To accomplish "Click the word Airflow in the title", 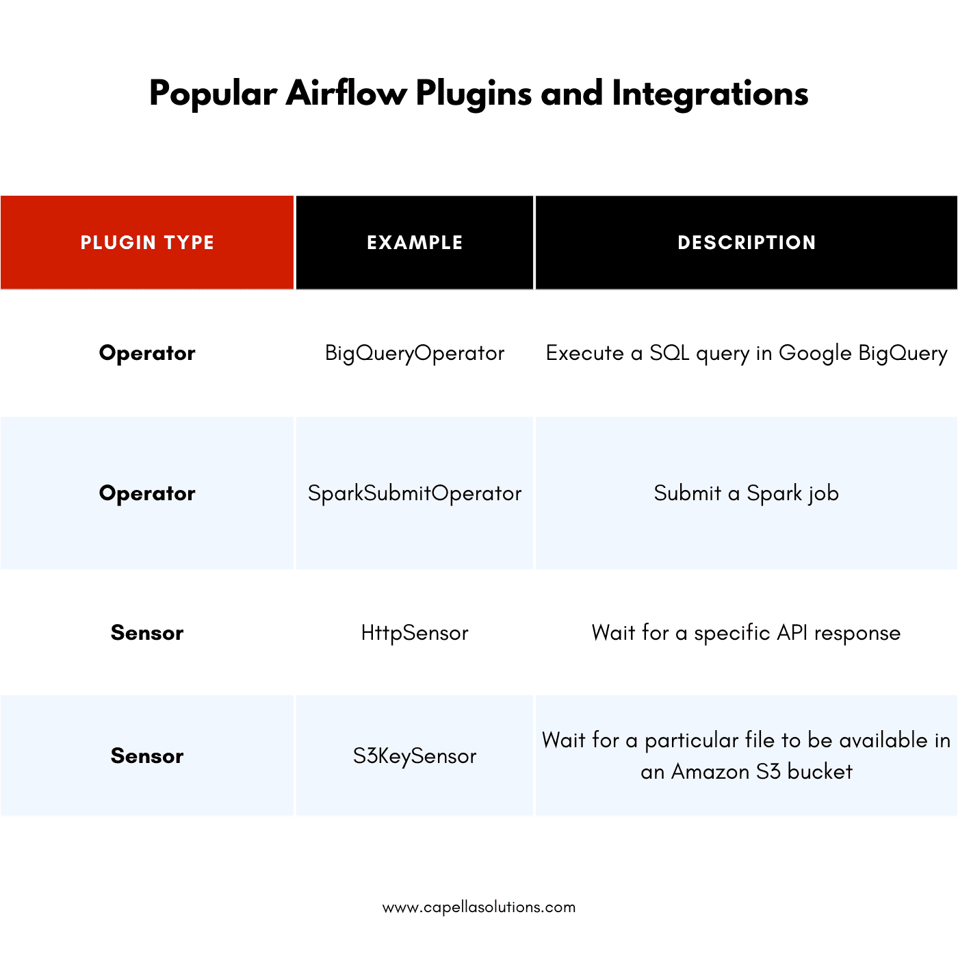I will (x=346, y=94).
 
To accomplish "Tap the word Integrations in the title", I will (x=710, y=94).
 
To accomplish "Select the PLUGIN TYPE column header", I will (x=147, y=242).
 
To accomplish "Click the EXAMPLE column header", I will (x=415, y=242).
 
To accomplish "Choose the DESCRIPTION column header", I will (x=747, y=242).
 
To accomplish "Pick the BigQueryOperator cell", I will (x=415, y=353).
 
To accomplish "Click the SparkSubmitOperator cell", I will (x=415, y=493).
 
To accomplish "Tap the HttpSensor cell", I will (x=415, y=633).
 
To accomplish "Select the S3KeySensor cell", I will (x=415, y=756).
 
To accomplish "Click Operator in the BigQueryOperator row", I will (x=147, y=353).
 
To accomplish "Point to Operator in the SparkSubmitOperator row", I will (x=147, y=493).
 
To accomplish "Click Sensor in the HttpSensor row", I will (x=147, y=633).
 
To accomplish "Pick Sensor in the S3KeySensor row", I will (x=147, y=756).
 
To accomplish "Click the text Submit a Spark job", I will (x=746, y=493).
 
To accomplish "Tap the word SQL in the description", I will (x=669, y=353).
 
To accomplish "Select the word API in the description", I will (x=792, y=633).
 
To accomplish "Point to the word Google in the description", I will (x=815, y=353).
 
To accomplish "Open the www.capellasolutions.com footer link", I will (x=479, y=907).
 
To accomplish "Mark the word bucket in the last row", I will (x=820, y=772).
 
